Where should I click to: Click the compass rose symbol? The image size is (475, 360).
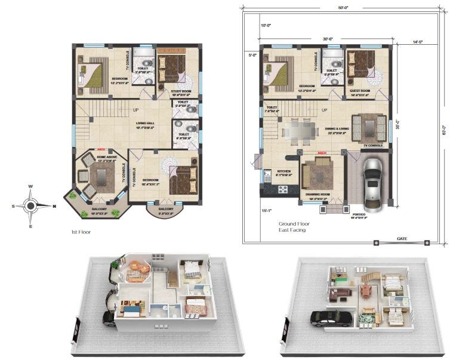[x=30, y=206]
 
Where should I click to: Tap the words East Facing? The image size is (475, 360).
[x=292, y=230]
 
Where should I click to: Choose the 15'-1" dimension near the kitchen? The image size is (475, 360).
[x=266, y=210]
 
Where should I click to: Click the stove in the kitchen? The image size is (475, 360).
[x=282, y=190]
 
